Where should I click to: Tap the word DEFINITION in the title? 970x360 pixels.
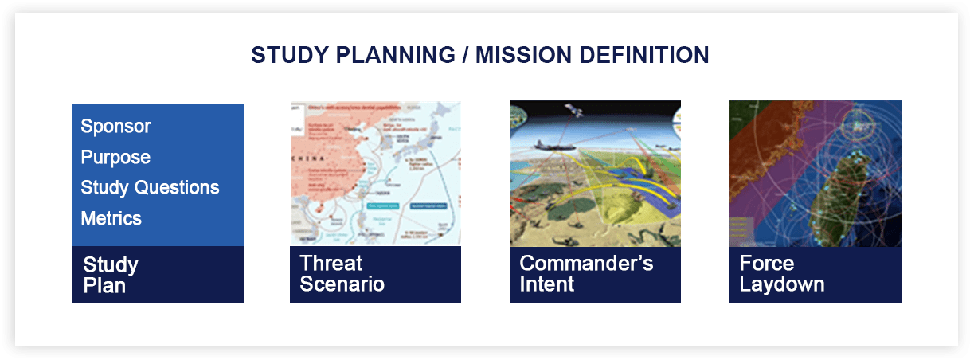[x=652, y=55]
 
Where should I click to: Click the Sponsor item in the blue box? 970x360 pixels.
[x=115, y=127]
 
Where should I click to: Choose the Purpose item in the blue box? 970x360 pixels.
[x=115, y=158]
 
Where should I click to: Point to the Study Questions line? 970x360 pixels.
[x=150, y=188]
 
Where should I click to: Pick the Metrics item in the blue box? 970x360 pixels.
[x=111, y=218]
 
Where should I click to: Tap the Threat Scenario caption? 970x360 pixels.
[x=341, y=273]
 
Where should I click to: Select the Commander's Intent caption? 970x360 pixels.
[x=585, y=273]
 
